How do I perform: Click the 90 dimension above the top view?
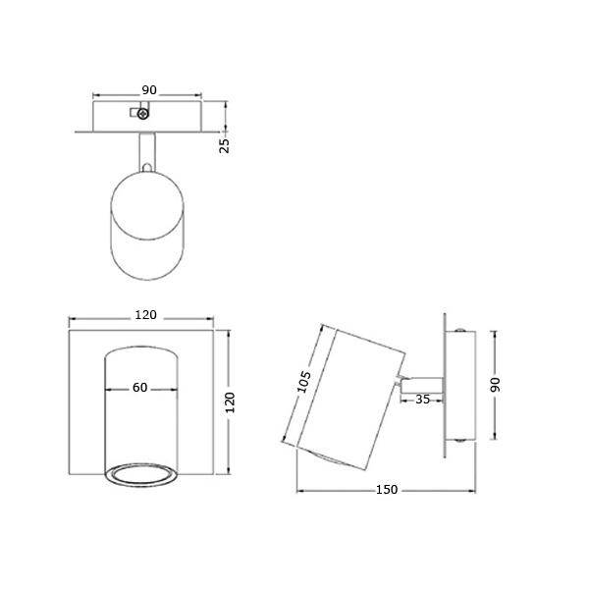click(x=149, y=90)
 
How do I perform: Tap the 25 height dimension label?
click(x=224, y=145)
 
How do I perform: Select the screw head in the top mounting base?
click(x=142, y=114)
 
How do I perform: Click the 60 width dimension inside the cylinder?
click(x=139, y=388)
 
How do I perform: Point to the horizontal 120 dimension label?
click(x=145, y=315)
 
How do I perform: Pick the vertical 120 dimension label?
click(x=230, y=402)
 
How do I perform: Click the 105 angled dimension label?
click(x=304, y=382)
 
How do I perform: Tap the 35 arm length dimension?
click(x=422, y=400)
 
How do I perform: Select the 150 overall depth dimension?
click(x=387, y=490)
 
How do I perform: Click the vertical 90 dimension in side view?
click(x=495, y=385)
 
